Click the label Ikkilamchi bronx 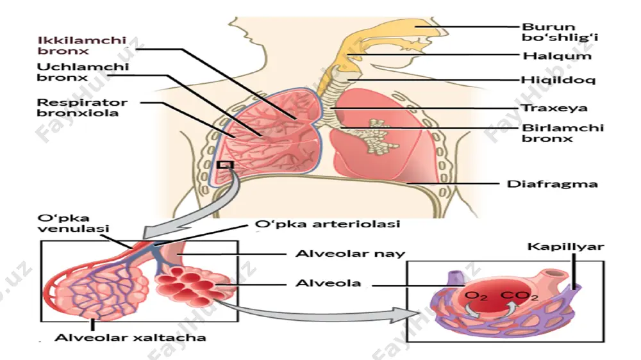[82, 45]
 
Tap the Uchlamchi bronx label [83, 72]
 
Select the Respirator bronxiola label [82, 108]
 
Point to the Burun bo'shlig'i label [560, 32]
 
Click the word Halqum [557, 56]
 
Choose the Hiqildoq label [558, 80]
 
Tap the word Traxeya [554, 108]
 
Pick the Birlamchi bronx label [563, 133]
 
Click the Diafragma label [553, 184]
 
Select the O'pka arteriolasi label [327, 224]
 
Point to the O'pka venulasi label [73, 223]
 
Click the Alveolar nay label [350, 254]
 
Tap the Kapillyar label [565, 247]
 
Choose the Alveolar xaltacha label [130, 338]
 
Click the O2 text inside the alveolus [476, 296]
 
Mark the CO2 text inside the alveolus [519, 296]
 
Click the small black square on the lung [225, 165]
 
